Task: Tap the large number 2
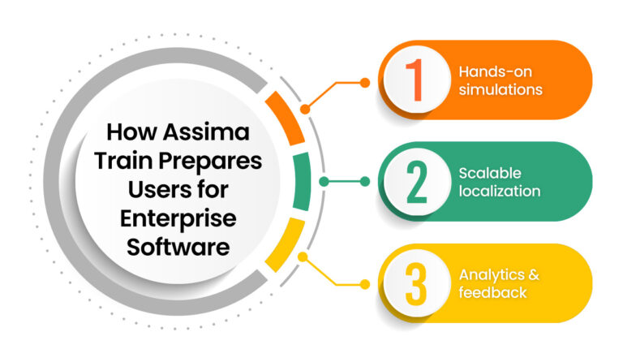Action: click(416, 182)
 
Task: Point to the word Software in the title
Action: click(178, 246)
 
